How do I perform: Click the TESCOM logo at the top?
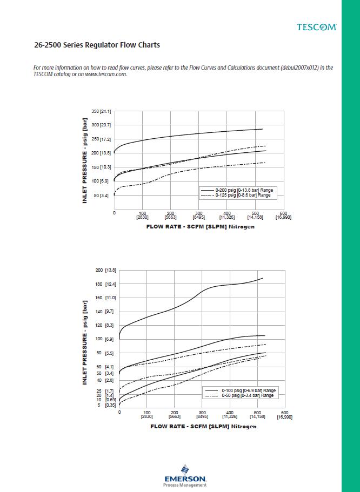coord(316,26)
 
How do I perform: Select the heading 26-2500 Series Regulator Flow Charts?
coord(97,45)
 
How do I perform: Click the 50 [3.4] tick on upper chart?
coord(103,196)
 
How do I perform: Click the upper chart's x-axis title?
coord(200,227)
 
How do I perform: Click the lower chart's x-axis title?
coord(203,427)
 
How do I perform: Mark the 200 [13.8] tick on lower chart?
coord(106,270)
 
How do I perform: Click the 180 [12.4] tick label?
coord(106,284)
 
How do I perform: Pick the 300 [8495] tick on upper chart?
coord(199,215)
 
